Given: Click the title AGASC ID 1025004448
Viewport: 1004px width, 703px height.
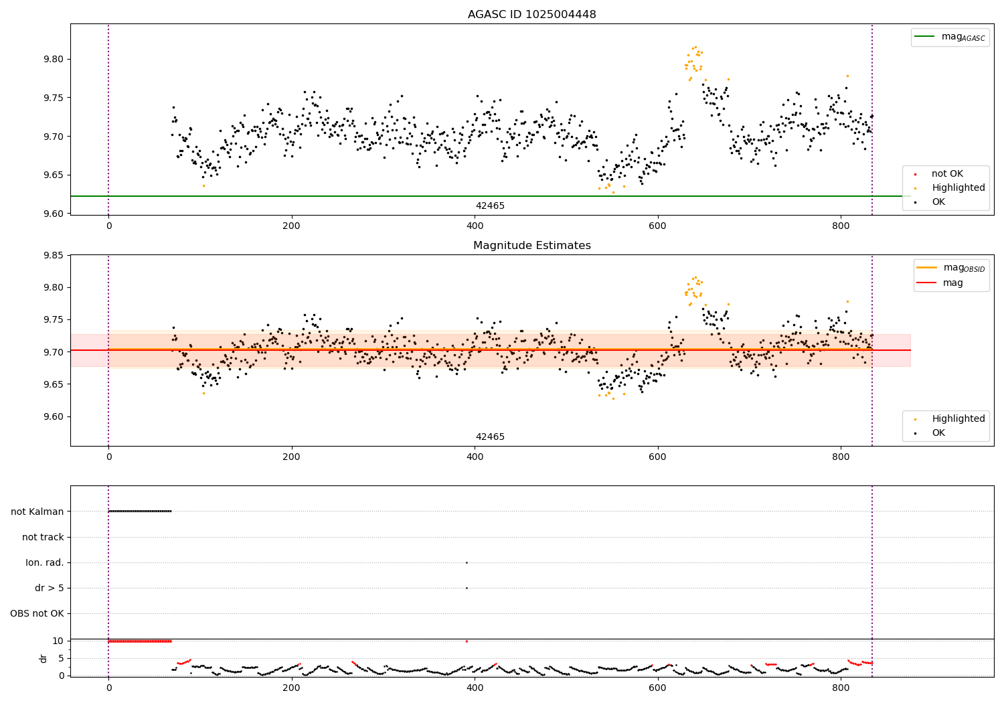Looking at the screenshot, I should click(531, 15).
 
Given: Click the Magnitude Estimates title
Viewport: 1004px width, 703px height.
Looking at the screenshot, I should click(531, 246).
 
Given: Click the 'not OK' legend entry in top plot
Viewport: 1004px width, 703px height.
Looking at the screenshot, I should click(947, 174).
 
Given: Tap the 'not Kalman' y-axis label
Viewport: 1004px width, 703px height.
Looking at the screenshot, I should click(37, 512).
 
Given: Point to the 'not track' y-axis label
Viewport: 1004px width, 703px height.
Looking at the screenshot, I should click(43, 537).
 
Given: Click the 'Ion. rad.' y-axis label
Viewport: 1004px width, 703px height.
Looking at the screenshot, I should click(45, 562).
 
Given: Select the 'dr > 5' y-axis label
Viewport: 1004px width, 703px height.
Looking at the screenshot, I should click(49, 588).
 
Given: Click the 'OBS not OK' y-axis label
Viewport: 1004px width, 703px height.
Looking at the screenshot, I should click(37, 613).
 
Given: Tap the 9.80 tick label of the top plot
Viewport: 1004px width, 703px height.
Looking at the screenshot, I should click(53, 59).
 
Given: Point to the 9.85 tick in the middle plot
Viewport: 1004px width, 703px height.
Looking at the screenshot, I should click(53, 255).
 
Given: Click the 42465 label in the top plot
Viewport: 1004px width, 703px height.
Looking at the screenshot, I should click(490, 206).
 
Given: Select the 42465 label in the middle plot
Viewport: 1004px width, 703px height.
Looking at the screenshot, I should click(490, 437).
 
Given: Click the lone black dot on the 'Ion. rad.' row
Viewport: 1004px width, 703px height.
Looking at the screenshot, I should click(467, 562).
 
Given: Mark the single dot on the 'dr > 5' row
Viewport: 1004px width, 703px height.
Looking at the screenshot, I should click(467, 588).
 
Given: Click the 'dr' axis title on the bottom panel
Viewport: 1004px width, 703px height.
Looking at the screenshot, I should click(44, 658).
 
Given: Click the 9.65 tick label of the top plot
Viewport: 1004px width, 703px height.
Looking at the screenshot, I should click(53, 175).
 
